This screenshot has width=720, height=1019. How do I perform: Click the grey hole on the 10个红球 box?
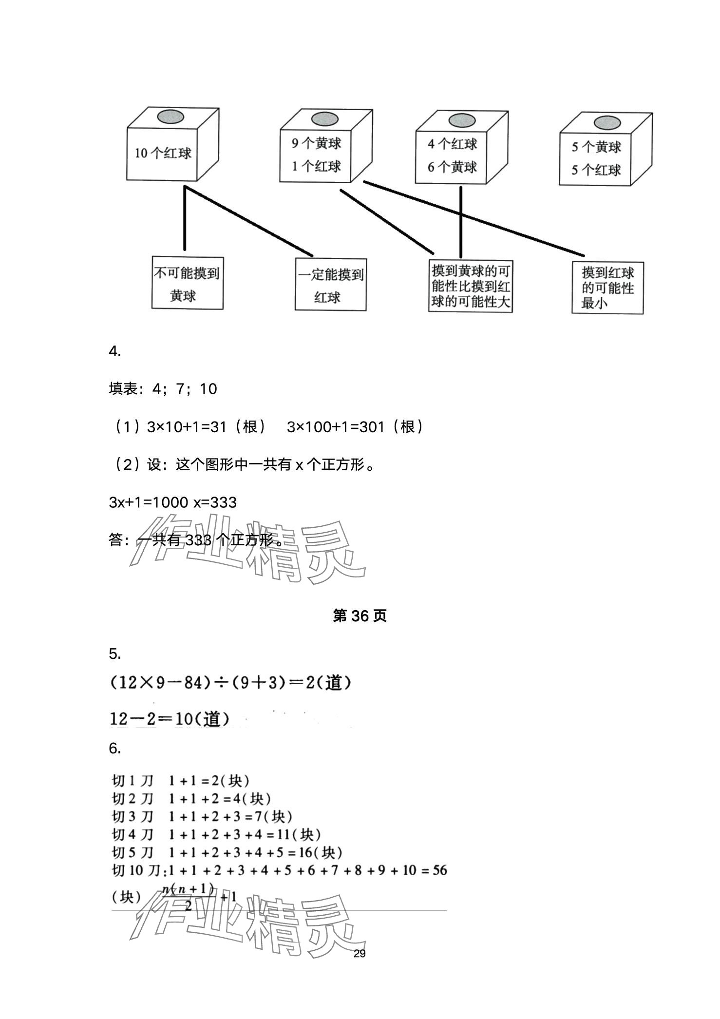point(171,117)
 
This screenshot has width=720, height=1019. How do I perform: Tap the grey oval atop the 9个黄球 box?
point(325,119)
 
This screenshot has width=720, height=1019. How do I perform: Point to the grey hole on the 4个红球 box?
point(461,120)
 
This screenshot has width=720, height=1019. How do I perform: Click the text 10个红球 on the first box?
point(163,153)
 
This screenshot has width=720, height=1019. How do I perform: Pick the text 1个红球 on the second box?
point(316,166)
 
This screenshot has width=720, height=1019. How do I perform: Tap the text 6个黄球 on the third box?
point(452,168)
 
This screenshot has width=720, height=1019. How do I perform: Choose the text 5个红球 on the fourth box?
point(596,170)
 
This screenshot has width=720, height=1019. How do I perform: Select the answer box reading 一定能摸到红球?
point(330,285)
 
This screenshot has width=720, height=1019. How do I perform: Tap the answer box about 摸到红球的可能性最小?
point(607,288)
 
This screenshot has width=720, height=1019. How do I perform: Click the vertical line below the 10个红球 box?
point(185,217)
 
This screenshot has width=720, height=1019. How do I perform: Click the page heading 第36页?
point(360,616)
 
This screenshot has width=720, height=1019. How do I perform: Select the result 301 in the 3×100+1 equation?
point(373,427)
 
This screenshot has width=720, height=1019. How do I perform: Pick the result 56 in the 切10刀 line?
point(439,870)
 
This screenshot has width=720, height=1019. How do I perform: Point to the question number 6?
point(114,748)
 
